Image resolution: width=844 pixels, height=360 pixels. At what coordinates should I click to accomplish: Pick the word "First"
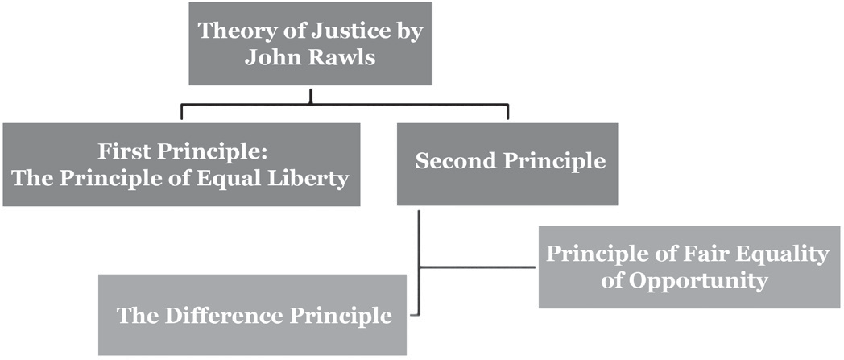[x=123, y=151]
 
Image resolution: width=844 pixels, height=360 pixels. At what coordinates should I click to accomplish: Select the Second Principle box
[x=507, y=164]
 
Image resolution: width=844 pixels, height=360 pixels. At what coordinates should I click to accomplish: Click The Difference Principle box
[x=253, y=315]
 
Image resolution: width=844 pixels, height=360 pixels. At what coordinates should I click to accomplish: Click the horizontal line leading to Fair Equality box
[x=477, y=267]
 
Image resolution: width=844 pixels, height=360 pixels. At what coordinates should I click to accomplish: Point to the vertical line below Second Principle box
[x=419, y=263]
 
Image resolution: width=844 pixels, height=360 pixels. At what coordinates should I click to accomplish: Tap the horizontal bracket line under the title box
[x=345, y=105]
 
